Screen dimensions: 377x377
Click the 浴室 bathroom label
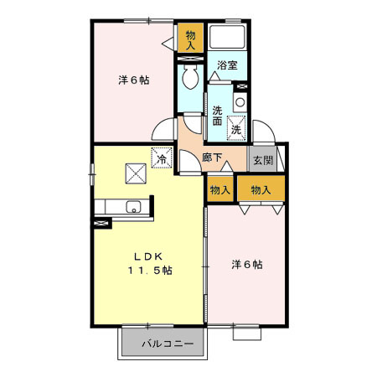pos(225,65)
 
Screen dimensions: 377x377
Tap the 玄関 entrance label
pos(262,161)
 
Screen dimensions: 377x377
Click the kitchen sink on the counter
pos(131,207)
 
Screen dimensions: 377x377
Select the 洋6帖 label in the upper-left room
pos(133,80)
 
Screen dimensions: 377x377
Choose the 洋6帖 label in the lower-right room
pos(247,265)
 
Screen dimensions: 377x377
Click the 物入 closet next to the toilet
pos(190,40)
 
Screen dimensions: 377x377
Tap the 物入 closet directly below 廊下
pos(220,190)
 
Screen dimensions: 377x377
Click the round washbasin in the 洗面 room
pos(240,102)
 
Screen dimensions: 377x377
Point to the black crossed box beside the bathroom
pos(242,85)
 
